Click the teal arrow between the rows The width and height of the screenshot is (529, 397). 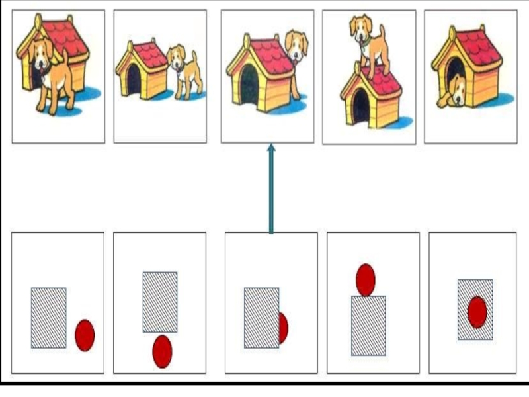tap(270, 192)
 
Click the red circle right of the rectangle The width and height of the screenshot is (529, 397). tap(85, 335)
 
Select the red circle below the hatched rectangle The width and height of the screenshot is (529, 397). tap(162, 351)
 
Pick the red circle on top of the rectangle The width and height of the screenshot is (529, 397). tap(365, 280)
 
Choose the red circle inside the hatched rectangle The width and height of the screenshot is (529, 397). tap(477, 312)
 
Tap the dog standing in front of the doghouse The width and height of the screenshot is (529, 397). tap(52, 76)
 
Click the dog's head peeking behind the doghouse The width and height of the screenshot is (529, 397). tap(296, 46)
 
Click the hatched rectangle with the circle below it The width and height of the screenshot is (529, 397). tap(160, 302)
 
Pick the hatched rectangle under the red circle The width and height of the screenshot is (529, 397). tap(368, 326)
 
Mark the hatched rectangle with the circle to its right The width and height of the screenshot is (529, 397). tap(49, 318)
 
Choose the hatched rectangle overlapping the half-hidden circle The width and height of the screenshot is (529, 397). tap(261, 318)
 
